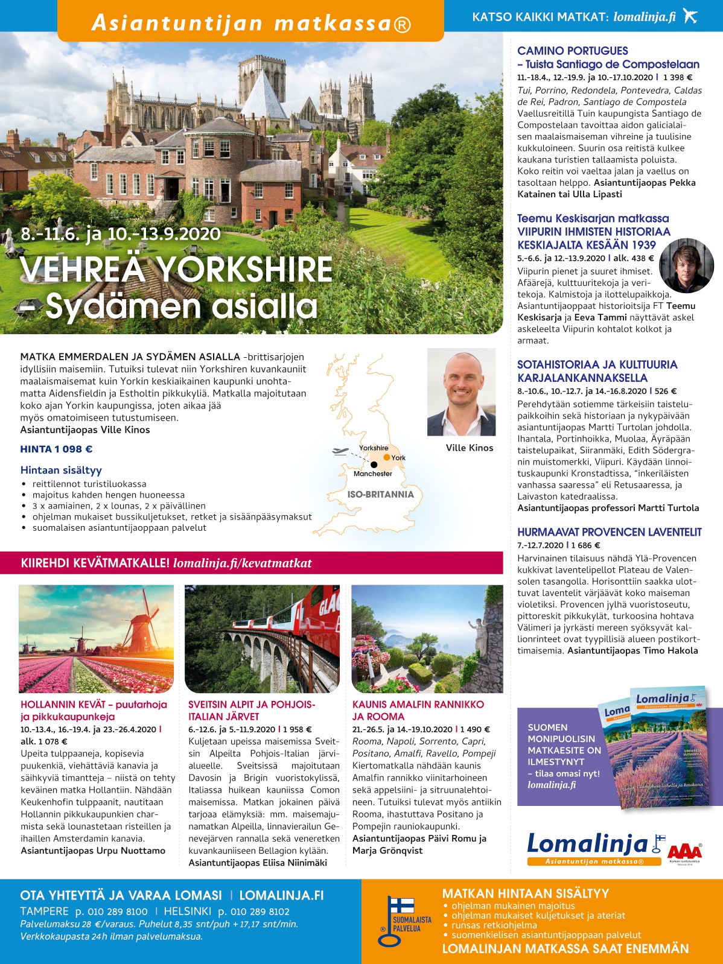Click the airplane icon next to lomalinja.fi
tap(690, 16)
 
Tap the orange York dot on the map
tap(387, 457)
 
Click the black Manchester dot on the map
tap(374, 465)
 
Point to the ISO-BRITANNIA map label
tap(380, 494)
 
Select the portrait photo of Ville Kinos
tap(461, 392)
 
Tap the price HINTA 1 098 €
tap(56, 449)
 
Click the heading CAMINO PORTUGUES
tap(572, 51)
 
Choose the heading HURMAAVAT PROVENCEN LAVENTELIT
tap(609, 531)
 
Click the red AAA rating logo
tap(684, 851)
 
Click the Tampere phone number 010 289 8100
tap(112, 912)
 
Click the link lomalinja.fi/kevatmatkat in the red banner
tap(243, 563)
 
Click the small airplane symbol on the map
tap(340, 451)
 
